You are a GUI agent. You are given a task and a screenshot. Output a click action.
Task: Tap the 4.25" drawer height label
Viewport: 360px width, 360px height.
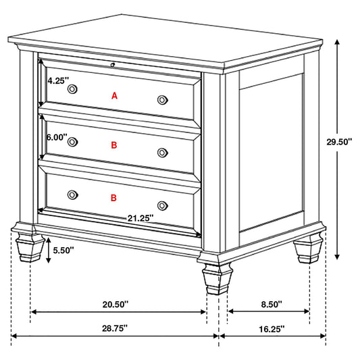[57, 79]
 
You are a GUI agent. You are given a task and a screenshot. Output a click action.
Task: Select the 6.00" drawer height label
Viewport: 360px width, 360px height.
[57, 137]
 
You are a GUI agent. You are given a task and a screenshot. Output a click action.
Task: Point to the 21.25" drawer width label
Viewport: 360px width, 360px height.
[140, 217]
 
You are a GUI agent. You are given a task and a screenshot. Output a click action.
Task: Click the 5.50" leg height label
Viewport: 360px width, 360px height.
[63, 250]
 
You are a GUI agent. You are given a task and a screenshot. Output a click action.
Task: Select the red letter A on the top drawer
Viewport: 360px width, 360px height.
[114, 96]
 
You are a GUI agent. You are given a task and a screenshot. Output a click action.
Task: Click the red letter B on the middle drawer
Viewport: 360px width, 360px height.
[114, 145]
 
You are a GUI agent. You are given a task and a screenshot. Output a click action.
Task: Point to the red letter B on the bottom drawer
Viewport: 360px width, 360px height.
[113, 197]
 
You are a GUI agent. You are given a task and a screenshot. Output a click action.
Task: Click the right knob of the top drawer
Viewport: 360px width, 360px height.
[162, 100]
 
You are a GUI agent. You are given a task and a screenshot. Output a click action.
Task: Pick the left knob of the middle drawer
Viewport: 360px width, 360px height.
[72, 142]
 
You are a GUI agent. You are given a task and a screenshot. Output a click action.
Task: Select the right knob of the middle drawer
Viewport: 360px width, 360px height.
[162, 152]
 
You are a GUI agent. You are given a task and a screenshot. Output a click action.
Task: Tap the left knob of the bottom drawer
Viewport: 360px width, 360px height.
[72, 195]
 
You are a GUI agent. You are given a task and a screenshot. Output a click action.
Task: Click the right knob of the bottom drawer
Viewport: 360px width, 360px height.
[162, 205]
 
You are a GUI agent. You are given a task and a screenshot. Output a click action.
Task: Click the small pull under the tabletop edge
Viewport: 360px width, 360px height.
[113, 65]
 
